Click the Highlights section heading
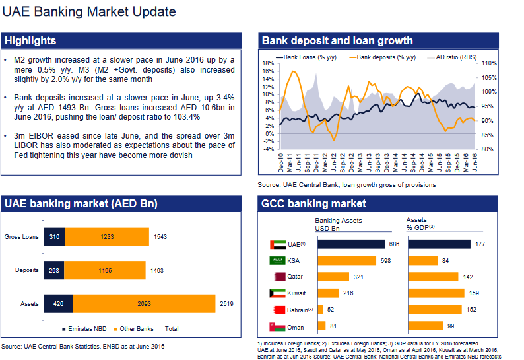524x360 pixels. (30, 41)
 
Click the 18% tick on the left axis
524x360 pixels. (268, 63)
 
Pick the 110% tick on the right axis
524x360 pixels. (488, 63)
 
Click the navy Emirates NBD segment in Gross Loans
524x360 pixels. (54, 237)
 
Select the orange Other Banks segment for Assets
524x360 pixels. (143, 304)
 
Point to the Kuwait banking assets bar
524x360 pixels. (328, 293)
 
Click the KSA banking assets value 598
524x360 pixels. (385, 261)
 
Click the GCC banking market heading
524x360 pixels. (314, 203)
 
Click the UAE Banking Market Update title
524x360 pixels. (89, 11)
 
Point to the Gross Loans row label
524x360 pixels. (22, 237)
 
